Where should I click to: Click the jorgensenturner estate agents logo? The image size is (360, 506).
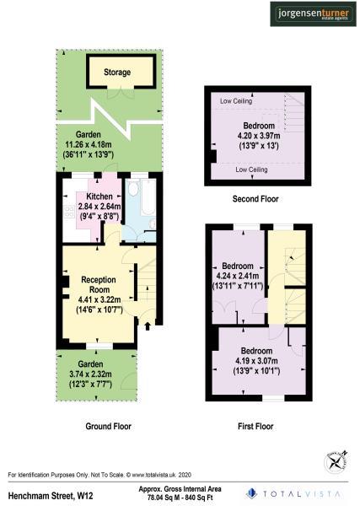coord(311,13)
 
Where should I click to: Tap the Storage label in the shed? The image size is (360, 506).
coord(117,73)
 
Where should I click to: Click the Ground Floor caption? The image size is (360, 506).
coord(110,427)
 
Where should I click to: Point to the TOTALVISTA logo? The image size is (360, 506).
coord(295,493)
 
